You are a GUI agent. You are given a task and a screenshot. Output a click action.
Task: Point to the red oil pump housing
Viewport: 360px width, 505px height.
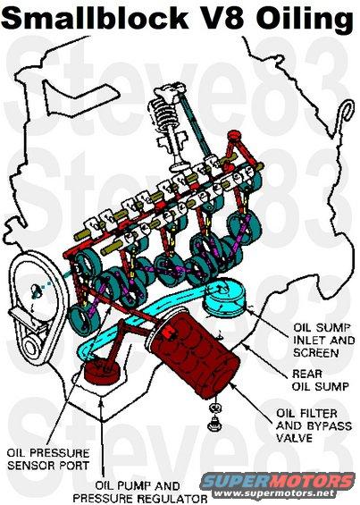101,373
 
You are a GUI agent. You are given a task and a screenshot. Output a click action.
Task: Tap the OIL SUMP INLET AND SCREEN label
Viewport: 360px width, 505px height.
323,341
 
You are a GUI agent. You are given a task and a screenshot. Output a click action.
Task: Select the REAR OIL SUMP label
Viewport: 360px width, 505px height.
320,380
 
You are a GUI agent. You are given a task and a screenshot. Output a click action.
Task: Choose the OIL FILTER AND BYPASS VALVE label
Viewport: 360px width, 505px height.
314,425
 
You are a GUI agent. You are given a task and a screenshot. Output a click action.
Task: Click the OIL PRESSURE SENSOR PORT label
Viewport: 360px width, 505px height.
48,459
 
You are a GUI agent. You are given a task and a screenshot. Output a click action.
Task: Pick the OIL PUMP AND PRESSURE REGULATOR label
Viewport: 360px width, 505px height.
140,492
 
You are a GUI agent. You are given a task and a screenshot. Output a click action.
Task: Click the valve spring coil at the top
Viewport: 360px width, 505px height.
162,115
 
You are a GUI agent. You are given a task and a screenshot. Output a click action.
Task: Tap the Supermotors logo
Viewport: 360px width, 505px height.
278,482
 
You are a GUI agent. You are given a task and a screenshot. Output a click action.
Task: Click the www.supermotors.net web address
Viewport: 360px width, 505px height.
274,493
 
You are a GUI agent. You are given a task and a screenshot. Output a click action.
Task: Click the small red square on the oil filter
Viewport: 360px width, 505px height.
167,332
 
